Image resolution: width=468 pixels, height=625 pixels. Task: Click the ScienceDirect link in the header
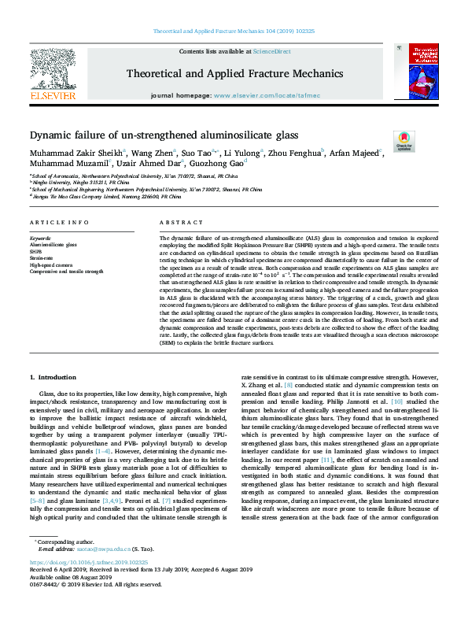272,51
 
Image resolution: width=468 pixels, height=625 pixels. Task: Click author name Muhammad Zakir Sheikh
72,153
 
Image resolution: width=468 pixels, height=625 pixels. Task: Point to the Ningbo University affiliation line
71,183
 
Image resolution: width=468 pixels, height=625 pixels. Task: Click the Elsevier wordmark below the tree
52,95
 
